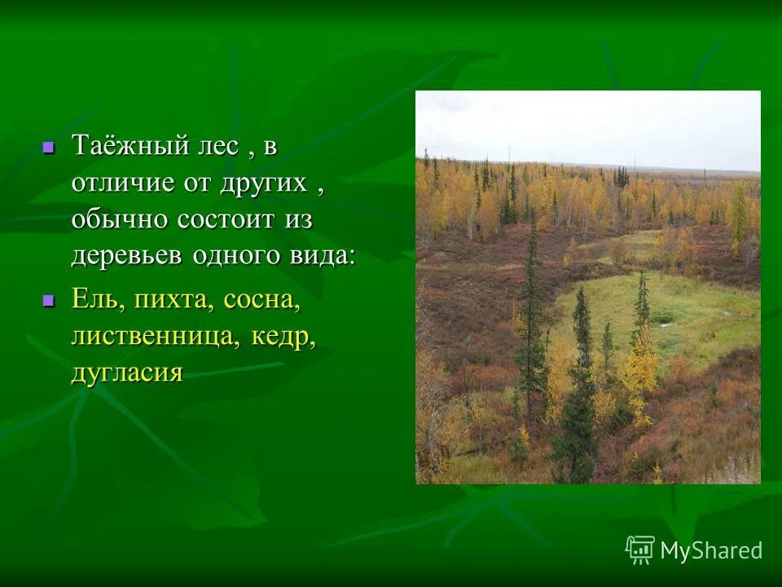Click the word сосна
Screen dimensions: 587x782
262,301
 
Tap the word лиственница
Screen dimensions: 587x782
152,336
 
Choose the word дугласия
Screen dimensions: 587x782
126,373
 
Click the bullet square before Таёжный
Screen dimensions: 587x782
48,148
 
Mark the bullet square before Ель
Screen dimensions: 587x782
48,301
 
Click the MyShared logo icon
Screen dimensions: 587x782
640,550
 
